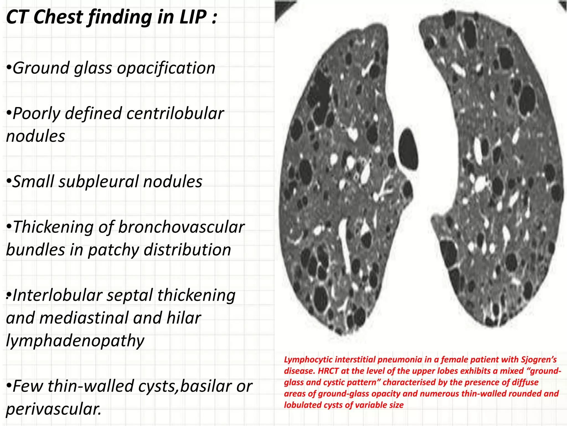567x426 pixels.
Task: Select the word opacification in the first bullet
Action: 166,68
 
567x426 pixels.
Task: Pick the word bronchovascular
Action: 181,227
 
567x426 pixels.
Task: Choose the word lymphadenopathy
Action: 75,341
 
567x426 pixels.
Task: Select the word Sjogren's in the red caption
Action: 538,360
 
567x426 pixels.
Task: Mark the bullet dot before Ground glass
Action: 9,68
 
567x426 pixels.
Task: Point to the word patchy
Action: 114,250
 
